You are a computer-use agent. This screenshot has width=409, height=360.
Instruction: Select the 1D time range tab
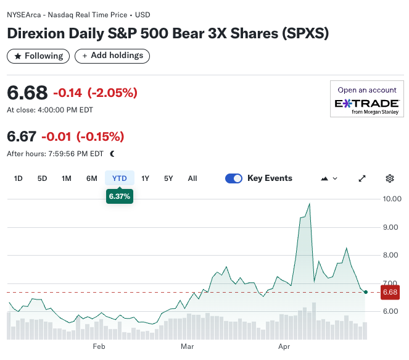click(19, 178)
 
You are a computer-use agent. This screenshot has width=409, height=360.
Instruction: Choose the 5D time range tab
click(42, 178)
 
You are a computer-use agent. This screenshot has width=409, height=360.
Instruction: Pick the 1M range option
click(67, 178)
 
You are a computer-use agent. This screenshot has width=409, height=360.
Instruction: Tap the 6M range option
click(92, 178)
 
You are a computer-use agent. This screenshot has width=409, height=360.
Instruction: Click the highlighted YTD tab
click(119, 178)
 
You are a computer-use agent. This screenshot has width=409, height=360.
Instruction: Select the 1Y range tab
click(145, 178)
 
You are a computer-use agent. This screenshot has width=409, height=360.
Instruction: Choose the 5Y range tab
click(168, 178)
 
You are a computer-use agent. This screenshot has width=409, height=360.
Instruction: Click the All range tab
click(192, 178)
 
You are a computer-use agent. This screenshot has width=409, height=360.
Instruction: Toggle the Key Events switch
click(234, 178)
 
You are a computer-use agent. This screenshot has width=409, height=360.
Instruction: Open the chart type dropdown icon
click(329, 178)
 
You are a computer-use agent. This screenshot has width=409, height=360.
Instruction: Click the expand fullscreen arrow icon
click(362, 178)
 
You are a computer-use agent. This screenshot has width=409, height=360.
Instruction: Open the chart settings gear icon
click(390, 178)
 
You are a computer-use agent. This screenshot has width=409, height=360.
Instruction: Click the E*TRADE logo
click(366, 105)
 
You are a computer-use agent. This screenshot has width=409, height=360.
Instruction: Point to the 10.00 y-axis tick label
click(392, 199)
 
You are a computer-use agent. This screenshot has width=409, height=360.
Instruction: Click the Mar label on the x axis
click(187, 346)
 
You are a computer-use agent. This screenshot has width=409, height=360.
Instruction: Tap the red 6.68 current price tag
click(390, 292)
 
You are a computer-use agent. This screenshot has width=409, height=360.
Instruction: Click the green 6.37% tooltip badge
click(119, 196)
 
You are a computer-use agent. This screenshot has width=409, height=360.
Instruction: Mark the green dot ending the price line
click(366, 292)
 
